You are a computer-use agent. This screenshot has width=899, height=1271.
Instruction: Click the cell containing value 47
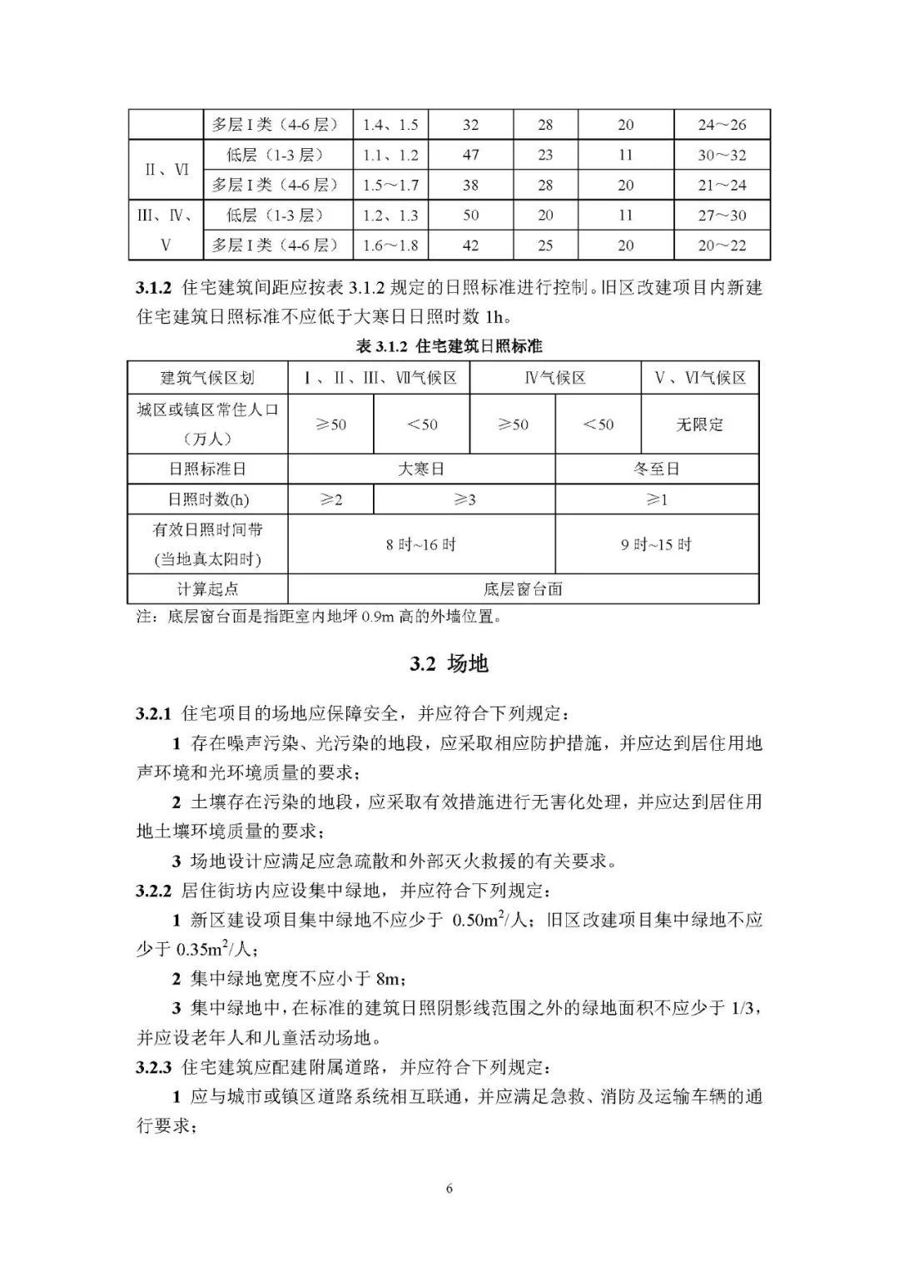pos(470,155)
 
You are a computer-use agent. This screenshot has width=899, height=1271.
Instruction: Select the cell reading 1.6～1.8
pos(390,245)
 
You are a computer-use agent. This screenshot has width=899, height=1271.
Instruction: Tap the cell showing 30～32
pos(722,155)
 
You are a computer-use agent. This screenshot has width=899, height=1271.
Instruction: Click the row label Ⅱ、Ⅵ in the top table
pos(166,170)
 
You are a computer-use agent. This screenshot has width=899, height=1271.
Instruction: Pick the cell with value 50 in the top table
pos(470,215)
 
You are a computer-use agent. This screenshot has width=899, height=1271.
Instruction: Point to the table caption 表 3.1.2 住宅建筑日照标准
pos(449,345)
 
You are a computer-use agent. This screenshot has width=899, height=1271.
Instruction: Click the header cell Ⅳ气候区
pos(554,378)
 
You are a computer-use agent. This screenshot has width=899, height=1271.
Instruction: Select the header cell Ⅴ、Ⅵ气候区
pos(699,378)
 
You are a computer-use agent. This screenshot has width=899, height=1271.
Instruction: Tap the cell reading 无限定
pos(699,424)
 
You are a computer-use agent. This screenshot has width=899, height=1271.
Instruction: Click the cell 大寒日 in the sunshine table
pos(421,469)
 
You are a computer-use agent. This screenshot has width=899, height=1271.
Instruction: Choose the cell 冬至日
pos(657,469)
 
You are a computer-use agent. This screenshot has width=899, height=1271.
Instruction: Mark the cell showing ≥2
pos(330,499)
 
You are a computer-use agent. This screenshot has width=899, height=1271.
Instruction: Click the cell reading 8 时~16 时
pos(421,544)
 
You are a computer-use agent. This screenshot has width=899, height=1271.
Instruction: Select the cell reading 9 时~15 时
pos(657,544)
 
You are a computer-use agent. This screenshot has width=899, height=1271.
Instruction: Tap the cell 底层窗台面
pos(523,588)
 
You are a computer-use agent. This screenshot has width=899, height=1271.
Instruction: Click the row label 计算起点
pos(207,588)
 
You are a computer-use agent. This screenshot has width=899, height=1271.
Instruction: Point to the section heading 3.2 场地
pos(449,663)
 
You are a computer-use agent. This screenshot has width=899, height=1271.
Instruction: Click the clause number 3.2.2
pos(154,891)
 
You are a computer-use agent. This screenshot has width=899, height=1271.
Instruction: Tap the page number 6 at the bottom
pos(449,1189)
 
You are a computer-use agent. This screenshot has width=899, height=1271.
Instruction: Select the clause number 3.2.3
pos(154,1067)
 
